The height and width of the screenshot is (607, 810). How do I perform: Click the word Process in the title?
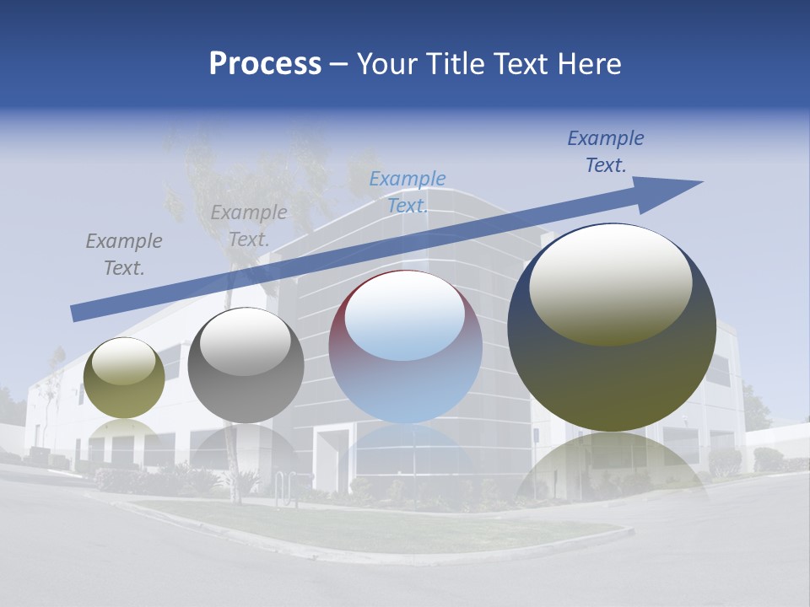point(265,64)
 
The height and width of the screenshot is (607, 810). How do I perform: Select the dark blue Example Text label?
point(605,152)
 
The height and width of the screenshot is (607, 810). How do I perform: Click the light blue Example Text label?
point(408,191)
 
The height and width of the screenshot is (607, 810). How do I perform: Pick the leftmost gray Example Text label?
point(124,254)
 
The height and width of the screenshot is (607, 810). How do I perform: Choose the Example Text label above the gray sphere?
point(249,225)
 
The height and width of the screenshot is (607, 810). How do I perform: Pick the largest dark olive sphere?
point(612,379)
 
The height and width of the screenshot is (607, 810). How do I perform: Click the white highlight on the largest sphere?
point(610,282)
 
